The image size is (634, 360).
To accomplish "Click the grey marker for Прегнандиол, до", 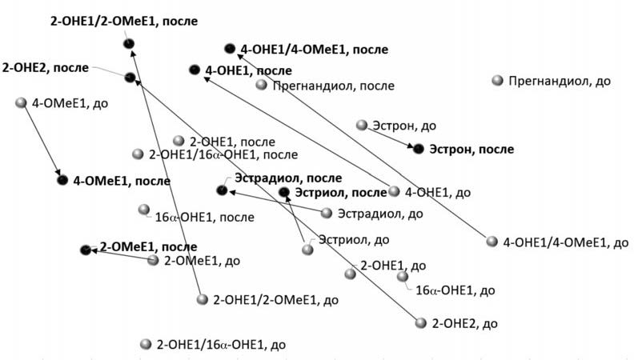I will pos(497,81).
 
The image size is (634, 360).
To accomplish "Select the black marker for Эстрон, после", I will pos(417,148).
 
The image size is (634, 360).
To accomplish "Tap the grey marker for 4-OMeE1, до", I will pos(22,102).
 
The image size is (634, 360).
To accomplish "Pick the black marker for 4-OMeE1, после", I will pos(62,181).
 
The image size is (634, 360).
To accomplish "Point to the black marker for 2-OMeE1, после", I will pos(86,250).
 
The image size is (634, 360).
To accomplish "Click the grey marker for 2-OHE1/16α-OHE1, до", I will pos(145,344).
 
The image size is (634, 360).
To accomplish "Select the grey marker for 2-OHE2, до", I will pos(421,323).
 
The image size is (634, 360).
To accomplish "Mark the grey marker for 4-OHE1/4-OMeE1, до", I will pos(492,241).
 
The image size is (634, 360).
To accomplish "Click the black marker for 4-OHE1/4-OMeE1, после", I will pos(230,49).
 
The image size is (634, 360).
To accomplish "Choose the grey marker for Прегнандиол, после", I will pos(261,85).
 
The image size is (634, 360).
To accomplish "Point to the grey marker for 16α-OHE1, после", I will pos(143,210).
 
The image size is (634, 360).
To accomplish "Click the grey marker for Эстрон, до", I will pos(362,125).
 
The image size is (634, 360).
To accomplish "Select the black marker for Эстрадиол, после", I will pos(222,190).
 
